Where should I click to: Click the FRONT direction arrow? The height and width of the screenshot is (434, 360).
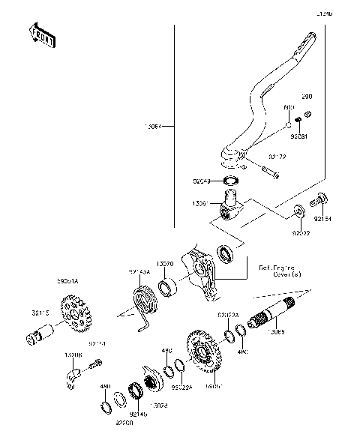[x=41, y=35]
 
